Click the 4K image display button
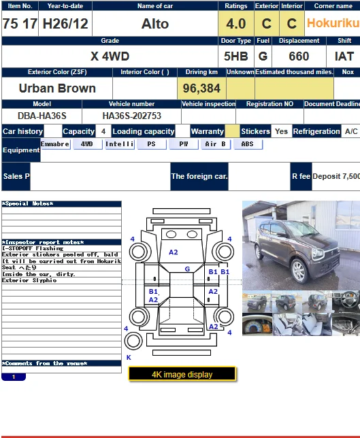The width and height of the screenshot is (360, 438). (x=182, y=374)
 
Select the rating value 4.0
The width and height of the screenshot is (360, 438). (x=235, y=24)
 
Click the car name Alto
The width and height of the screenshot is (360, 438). (x=155, y=24)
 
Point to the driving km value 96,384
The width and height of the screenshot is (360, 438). (x=201, y=88)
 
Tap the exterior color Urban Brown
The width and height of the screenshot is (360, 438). (x=57, y=88)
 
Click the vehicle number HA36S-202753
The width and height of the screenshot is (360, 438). (x=131, y=116)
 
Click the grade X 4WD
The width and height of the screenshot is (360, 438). (x=110, y=56)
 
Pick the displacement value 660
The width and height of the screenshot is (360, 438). (x=299, y=56)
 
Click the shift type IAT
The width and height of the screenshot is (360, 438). (x=345, y=56)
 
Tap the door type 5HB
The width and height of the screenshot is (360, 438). (x=235, y=56)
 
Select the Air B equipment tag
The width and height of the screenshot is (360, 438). (x=215, y=144)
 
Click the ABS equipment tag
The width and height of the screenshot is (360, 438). (x=248, y=144)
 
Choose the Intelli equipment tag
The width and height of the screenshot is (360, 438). (x=119, y=144)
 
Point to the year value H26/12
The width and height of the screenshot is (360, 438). (x=65, y=24)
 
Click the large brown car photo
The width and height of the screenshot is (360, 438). (x=301, y=245)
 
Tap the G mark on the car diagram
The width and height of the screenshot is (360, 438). (x=187, y=269)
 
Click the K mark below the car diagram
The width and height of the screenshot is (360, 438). (x=129, y=357)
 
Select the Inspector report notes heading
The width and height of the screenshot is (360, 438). (x=43, y=242)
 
